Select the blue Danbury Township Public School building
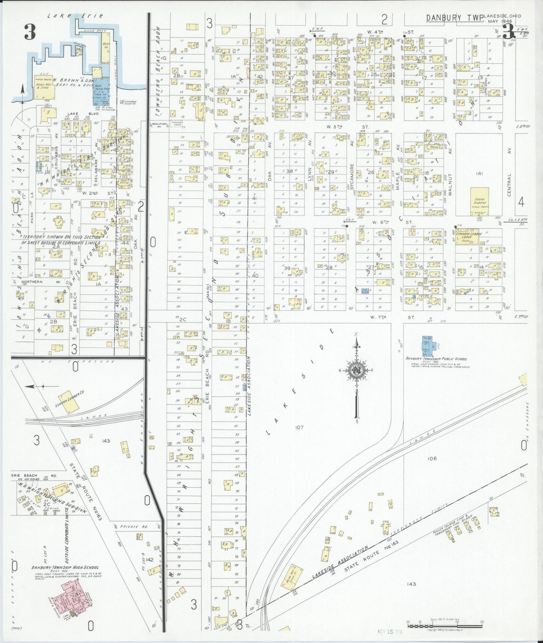[428, 346]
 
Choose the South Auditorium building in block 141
[479, 202]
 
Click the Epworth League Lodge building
[467, 236]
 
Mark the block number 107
[299, 427]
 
